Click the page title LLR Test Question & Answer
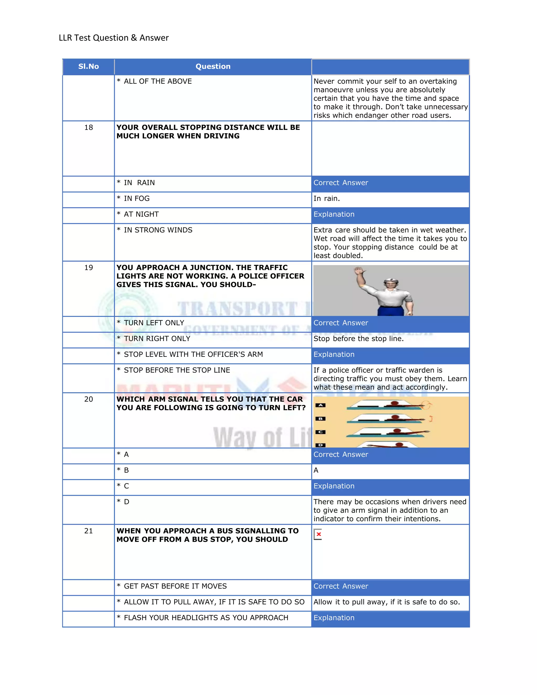(x=114, y=38)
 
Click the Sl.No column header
(x=88, y=66)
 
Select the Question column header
(x=213, y=66)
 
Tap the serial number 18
(x=88, y=128)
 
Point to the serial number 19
(x=88, y=268)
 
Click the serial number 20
(x=88, y=399)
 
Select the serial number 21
(x=88, y=531)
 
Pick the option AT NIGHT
(x=141, y=215)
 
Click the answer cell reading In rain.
(x=327, y=199)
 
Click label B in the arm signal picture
(x=320, y=419)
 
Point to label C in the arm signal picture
(x=320, y=432)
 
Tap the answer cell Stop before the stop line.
(x=358, y=339)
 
